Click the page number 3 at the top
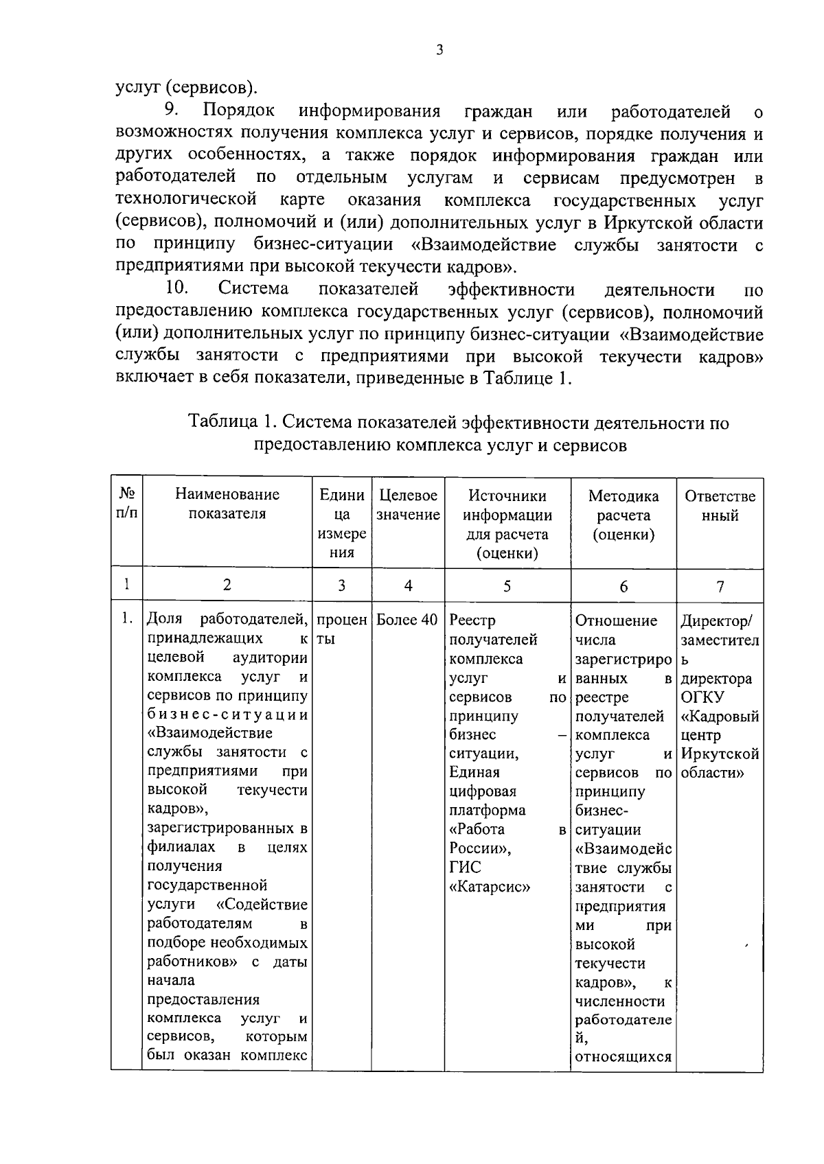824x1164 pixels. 439,49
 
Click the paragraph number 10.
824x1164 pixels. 176,290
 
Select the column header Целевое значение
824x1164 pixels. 408,504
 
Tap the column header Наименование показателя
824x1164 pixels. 227,504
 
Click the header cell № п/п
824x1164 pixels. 126,504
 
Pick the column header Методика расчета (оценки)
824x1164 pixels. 623,515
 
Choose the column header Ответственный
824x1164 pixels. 720,505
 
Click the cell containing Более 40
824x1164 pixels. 407,620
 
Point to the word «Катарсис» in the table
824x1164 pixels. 489,887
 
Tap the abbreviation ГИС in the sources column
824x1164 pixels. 465,868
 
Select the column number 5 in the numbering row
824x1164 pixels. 507,585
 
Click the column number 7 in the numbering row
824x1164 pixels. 720,585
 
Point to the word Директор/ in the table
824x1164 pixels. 716,621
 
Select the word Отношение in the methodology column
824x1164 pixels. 616,620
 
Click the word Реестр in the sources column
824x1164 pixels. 472,620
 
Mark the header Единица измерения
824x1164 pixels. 342,524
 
